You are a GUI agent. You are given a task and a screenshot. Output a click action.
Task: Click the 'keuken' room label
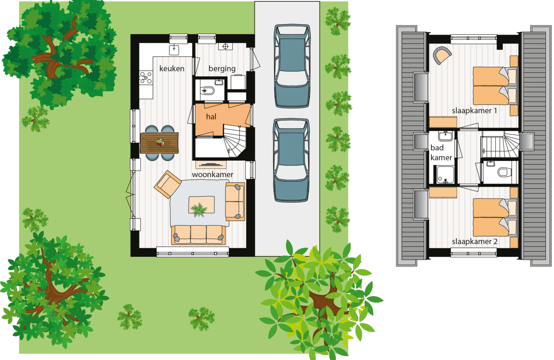pyautogui.click(x=172, y=69)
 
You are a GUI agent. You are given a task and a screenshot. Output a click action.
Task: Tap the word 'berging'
pyautogui.click(x=222, y=69)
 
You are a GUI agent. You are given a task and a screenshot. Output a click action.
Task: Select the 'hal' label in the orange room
pyautogui.click(x=211, y=116)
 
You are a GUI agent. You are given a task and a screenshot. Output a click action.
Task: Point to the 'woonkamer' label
pyautogui.click(x=213, y=174)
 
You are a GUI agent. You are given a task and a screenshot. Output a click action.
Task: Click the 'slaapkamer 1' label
pyautogui.click(x=474, y=111)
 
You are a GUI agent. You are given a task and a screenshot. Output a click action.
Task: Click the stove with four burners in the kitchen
pyautogui.click(x=146, y=78)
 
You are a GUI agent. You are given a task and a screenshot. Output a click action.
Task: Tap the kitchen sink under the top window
pyautogui.click(x=174, y=50)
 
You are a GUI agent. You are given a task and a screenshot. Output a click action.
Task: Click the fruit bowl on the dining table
pyautogui.click(x=160, y=142)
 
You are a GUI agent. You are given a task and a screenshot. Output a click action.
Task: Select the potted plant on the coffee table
pyautogui.click(x=199, y=210)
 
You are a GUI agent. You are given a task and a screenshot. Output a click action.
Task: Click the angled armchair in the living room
pyautogui.click(x=168, y=184)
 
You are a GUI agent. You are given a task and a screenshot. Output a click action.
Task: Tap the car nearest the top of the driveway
pyautogui.click(x=292, y=66)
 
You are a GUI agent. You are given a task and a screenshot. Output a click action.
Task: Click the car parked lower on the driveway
pyautogui.click(x=291, y=160)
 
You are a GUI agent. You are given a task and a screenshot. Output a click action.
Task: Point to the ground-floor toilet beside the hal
pyautogui.click(x=207, y=91)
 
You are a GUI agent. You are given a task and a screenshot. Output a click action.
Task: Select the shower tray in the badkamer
pyautogui.click(x=445, y=175)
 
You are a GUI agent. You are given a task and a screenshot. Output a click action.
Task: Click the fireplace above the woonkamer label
pyautogui.click(x=211, y=165)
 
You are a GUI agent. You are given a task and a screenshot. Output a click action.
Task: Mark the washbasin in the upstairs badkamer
pyautogui.click(x=445, y=135)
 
